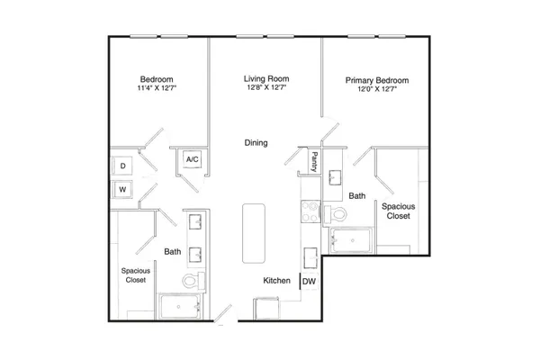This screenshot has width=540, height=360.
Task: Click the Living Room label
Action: (x=266, y=78)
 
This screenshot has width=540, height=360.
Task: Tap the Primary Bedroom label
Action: (x=377, y=80)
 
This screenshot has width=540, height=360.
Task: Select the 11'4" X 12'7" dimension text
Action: (x=157, y=88)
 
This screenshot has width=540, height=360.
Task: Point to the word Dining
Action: (x=256, y=142)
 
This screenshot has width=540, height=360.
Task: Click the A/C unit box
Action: (x=193, y=159)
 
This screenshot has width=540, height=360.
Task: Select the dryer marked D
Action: (x=122, y=166)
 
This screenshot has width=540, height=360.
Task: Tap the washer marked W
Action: (x=122, y=190)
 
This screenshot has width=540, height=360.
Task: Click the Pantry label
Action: (x=314, y=162)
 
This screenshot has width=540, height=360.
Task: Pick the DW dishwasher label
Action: (x=309, y=282)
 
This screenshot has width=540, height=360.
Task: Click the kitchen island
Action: (x=254, y=233)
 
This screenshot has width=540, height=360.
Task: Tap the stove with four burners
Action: (x=310, y=211)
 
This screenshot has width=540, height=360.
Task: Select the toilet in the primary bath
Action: (x=335, y=214)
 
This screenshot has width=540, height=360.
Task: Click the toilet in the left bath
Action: (x=193, y=281)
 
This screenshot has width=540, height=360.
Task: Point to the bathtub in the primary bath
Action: (x=351, y=240)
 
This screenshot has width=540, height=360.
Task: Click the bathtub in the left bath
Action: (x=181, y=307)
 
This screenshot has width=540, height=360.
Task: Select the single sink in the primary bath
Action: (x=335, y=177)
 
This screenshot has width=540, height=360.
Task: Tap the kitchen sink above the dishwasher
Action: (x=310, y=257)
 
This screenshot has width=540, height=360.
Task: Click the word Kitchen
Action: (x=276, y=281)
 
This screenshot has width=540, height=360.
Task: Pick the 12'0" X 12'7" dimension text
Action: (x=377, y=89)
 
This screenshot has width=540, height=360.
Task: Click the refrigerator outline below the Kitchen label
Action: (x=266, y=309)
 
